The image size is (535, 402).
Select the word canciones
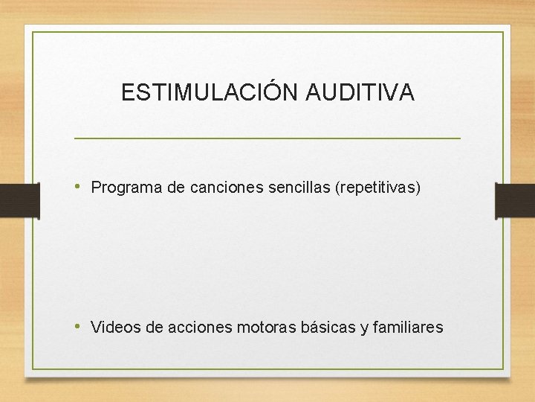(221, 188)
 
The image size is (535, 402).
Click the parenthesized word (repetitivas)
(378, 188)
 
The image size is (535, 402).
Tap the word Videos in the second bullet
(111, 327)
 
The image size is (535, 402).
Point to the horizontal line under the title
(267, 138)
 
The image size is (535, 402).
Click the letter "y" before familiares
(364, 328)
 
